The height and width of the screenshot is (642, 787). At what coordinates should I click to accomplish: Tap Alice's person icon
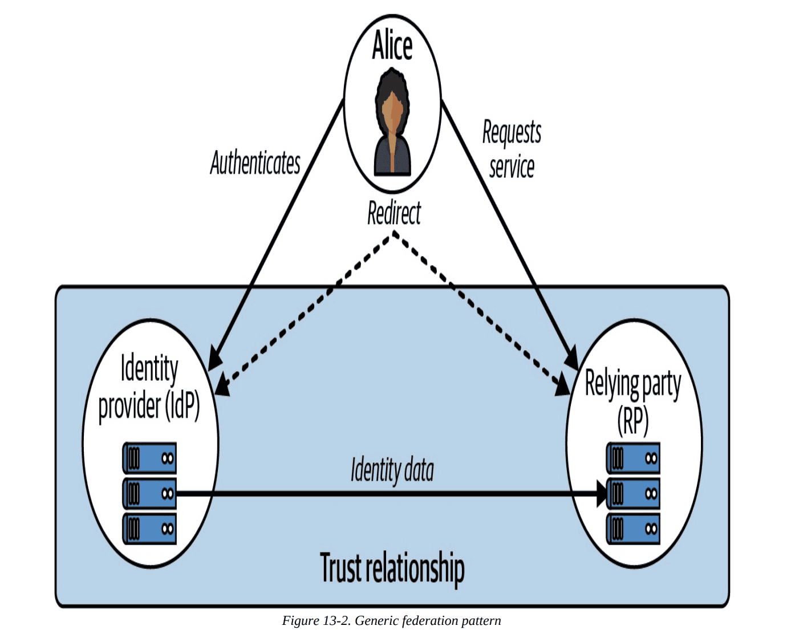pyautogui.click(x=392, y=122)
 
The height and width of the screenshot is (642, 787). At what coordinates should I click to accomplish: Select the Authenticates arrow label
pyautogui.click(x=255, y=163)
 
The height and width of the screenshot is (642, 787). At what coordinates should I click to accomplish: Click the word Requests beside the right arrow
pyautogui.click(x=512, y=132)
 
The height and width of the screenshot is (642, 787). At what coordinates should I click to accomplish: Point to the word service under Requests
pyautogui.click(x=512, y=167)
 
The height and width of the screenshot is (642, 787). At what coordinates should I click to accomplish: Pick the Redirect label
pyautogui.click(x=393, y=214)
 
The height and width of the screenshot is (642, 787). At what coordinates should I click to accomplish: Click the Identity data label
pyautogui.click(x=392, y=470)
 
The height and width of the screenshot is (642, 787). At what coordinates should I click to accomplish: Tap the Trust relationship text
pyautogui.click(x=392, y=568)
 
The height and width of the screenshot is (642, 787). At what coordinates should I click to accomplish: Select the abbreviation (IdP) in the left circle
pyautogui.click(x=182, y=406)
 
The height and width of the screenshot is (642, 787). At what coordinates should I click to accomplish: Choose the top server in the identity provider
pyautogui.click(x=150, y=458)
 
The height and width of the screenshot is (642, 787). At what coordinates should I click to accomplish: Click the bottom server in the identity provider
pyautogui.click(x=150, y=529)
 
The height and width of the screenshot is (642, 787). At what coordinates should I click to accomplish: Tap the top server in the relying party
pyautogui.click(x=633, y=458)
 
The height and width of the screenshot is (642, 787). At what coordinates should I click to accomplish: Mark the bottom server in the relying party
pyautogui.click(x=633, y=529)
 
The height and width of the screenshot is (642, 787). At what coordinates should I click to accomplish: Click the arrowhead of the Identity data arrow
pyautogui.click(x=602, y=493)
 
